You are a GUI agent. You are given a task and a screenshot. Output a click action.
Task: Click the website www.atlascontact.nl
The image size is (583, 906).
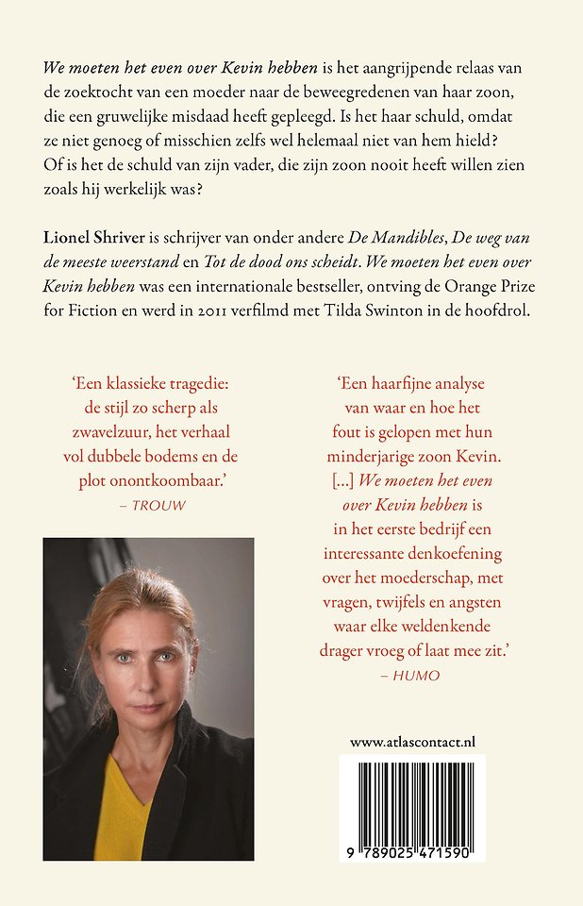[x=412, y=743]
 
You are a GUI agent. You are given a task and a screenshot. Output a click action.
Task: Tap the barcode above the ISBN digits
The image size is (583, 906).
[x=412, y=795]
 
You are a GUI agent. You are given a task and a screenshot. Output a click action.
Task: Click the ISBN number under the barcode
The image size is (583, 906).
[x=412, y=851]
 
